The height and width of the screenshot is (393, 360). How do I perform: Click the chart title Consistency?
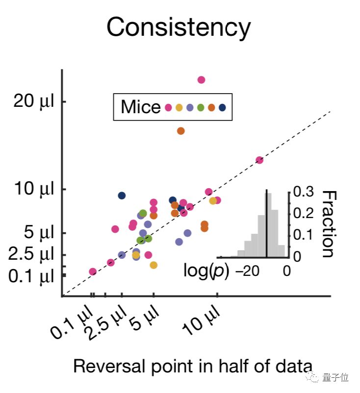point(179,27)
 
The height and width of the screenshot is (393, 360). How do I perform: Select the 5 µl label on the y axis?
point(39,233)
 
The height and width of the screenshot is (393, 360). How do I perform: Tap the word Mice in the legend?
point(140,107)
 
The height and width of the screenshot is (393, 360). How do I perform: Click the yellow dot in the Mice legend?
point(179,108)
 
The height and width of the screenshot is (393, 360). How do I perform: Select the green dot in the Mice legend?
point(201,108)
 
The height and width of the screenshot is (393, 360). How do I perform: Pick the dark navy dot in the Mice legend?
point(222,108)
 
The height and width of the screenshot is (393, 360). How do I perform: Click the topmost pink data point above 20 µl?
point(201,80)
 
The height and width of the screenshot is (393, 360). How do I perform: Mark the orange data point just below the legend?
point(180,131)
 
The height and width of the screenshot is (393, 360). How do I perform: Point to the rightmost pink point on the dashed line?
point(259,160)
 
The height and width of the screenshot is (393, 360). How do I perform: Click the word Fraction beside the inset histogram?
point(329,223)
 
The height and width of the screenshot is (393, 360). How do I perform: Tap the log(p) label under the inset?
point(206,270)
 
